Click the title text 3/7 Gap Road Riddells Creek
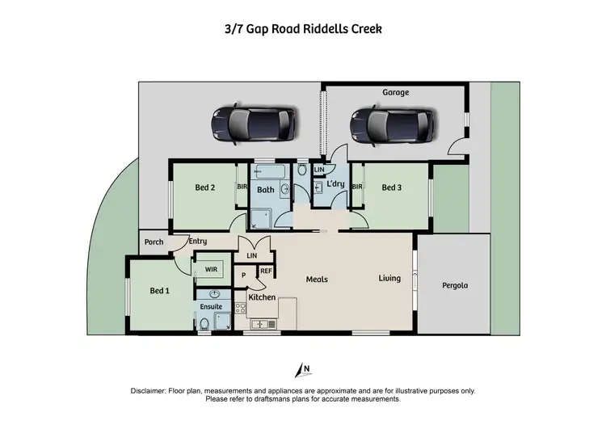(x=303, y=29)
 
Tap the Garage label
(x=395, y=92)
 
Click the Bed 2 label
(x=205, y=188)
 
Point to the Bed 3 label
(x=392, y=188)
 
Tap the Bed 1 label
(x=160, y=291)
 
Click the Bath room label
(x=266, y=191)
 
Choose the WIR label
(x=212, y=269)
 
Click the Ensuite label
(x=212, y=307)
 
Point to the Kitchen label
(x=262, y=298)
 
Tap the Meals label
(x=316, y=280)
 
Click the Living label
(x=389, y=279)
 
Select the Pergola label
(x=455, y=285)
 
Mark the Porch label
(x=154, y=242)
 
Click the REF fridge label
(x=266, y=271)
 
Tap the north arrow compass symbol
(x=305, y=370)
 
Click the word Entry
(x=198, y=242)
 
